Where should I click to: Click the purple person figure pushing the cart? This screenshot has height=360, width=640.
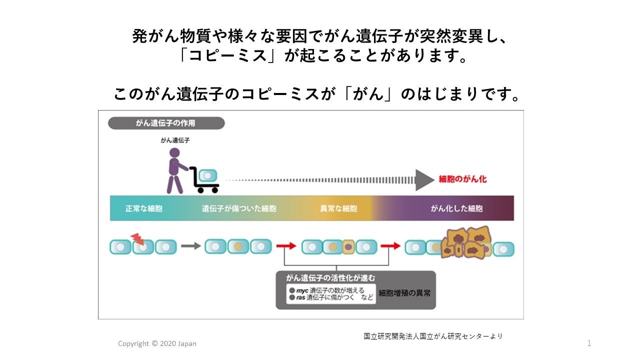(x=175, y=170)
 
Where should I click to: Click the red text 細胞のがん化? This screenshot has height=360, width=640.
(x=462, y=179)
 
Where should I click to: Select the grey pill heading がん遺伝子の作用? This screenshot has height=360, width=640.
(x=166, y=123)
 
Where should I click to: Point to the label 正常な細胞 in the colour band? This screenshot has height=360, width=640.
(x=143, y=208)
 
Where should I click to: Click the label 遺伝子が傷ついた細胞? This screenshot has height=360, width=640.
(x=239, y=208)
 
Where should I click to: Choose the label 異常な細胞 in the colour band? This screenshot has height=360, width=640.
(x=338, y=208)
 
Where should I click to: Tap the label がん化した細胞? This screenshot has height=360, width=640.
(x=457, y=208)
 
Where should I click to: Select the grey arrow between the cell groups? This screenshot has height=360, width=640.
(x=190, y=246)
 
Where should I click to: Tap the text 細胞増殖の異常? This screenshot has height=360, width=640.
(x=404, y=293)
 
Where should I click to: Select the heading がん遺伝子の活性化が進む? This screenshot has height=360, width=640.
(x=330, y=278)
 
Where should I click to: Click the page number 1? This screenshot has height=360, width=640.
(x=589, y=343)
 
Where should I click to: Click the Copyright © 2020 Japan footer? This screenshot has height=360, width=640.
(x=157, y=343)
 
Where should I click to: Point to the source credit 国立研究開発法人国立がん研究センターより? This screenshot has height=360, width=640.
(x=433, y=336)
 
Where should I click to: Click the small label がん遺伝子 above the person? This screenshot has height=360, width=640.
(x=175, y=140)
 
